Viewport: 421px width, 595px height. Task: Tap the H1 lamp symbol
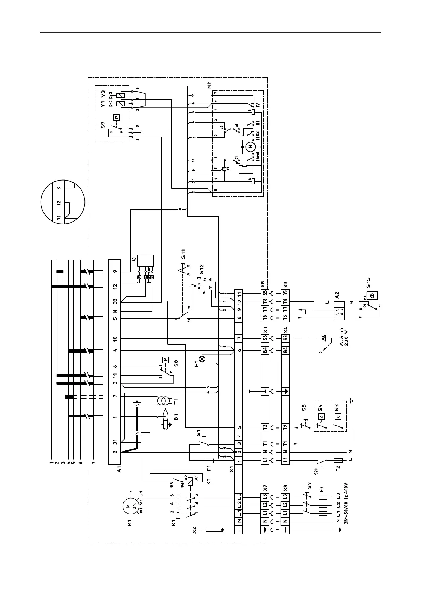[x=202, y=359]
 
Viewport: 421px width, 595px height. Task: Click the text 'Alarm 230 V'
[x=344, y=338]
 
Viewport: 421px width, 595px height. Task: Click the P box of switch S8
[x=165, y=360]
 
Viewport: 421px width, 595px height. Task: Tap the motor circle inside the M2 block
[x=250, y=146]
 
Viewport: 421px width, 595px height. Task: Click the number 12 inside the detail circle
[x=59, y=203]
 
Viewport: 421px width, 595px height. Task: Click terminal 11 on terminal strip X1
[x=239, y=294]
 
